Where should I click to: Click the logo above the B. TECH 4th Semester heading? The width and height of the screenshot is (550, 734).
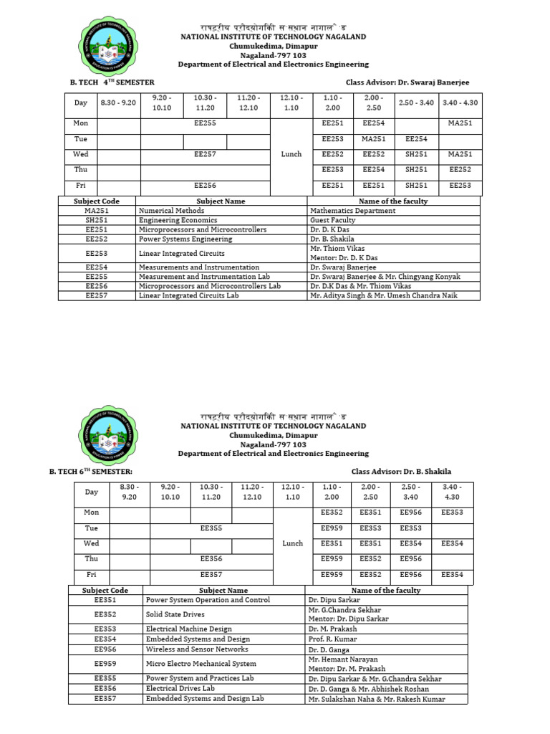pyautogui.click(x=107, y=47)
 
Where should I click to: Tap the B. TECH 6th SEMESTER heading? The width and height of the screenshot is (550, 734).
pyautogui.click(x=91, y=471)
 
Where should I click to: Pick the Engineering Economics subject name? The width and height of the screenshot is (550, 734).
pyautogui.click(x=168, y=220)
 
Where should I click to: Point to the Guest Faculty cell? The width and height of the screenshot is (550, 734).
pyautogui.click(x=332, y=220)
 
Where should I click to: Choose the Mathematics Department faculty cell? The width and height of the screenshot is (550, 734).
pyautogui.click(x=352, y=211)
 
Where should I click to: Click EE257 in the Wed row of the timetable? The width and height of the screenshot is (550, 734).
pyautogui.click(x=205, y=154)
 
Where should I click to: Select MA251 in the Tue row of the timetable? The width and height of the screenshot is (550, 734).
pyautogui.click(x=374, y=139)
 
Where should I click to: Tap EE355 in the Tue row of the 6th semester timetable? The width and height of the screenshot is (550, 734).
pyautogui.click(x=211, y=528)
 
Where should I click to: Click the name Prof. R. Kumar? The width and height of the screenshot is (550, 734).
pyautogui.click(x=332, y=639)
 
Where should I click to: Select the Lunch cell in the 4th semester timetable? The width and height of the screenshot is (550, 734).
pyautogui.click(x=291, y=154)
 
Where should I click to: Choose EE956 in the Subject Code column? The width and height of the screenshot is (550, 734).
pyautogui.click(x=105, y=649)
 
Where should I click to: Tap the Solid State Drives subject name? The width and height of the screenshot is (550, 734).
pyautogui.click(x=175, y=614)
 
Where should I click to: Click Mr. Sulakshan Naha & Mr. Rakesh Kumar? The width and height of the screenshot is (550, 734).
pyautogui.click(x=376, y=699)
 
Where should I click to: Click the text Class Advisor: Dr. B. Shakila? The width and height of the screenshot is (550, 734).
pyautogui.click(x=401, y=471)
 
